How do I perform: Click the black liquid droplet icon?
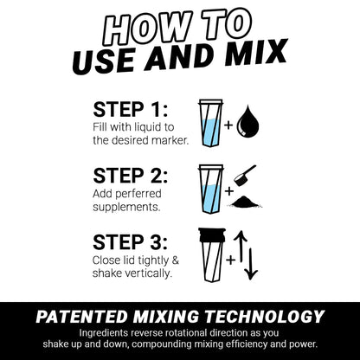coord(247,122)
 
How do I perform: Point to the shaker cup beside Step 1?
coord(210,121)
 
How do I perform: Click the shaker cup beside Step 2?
coord(210,189)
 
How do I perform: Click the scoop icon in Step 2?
coord(246,175)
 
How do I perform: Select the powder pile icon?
coord(247,202)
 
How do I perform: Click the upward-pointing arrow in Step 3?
coord(241,246)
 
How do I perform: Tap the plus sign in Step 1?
coord(228,125)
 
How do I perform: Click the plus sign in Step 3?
coord(230,258)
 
